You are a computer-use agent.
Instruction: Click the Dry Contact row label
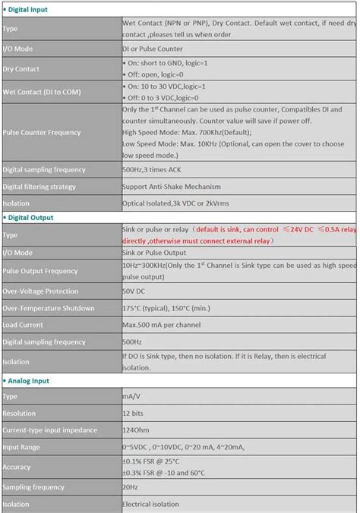coord(21,70)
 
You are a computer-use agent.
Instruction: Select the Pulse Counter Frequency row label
coord(42,132)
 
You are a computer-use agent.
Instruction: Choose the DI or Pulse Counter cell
coord(153,49)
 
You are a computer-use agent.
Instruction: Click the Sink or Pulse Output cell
coord(154,252)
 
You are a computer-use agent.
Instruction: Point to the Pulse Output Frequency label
coord(39,271)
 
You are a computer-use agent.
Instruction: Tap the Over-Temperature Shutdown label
coord(49,308)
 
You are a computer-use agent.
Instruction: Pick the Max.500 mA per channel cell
coord(162,326)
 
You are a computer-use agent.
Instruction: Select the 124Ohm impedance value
coord(137,430)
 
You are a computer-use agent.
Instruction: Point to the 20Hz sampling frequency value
coord(131,486)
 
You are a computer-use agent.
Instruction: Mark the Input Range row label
coord(21,447)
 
